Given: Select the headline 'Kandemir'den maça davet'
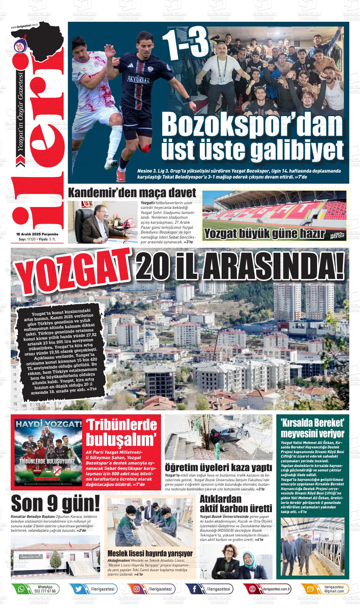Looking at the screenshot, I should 132,192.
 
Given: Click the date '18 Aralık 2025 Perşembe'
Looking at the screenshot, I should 37,234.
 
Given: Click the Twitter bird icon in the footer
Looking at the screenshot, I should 79,589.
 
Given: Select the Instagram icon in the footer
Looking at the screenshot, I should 136,589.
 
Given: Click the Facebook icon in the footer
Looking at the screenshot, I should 194,589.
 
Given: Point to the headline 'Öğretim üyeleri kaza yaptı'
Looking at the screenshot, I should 218,467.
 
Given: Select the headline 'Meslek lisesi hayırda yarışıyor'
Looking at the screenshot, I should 150,554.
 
